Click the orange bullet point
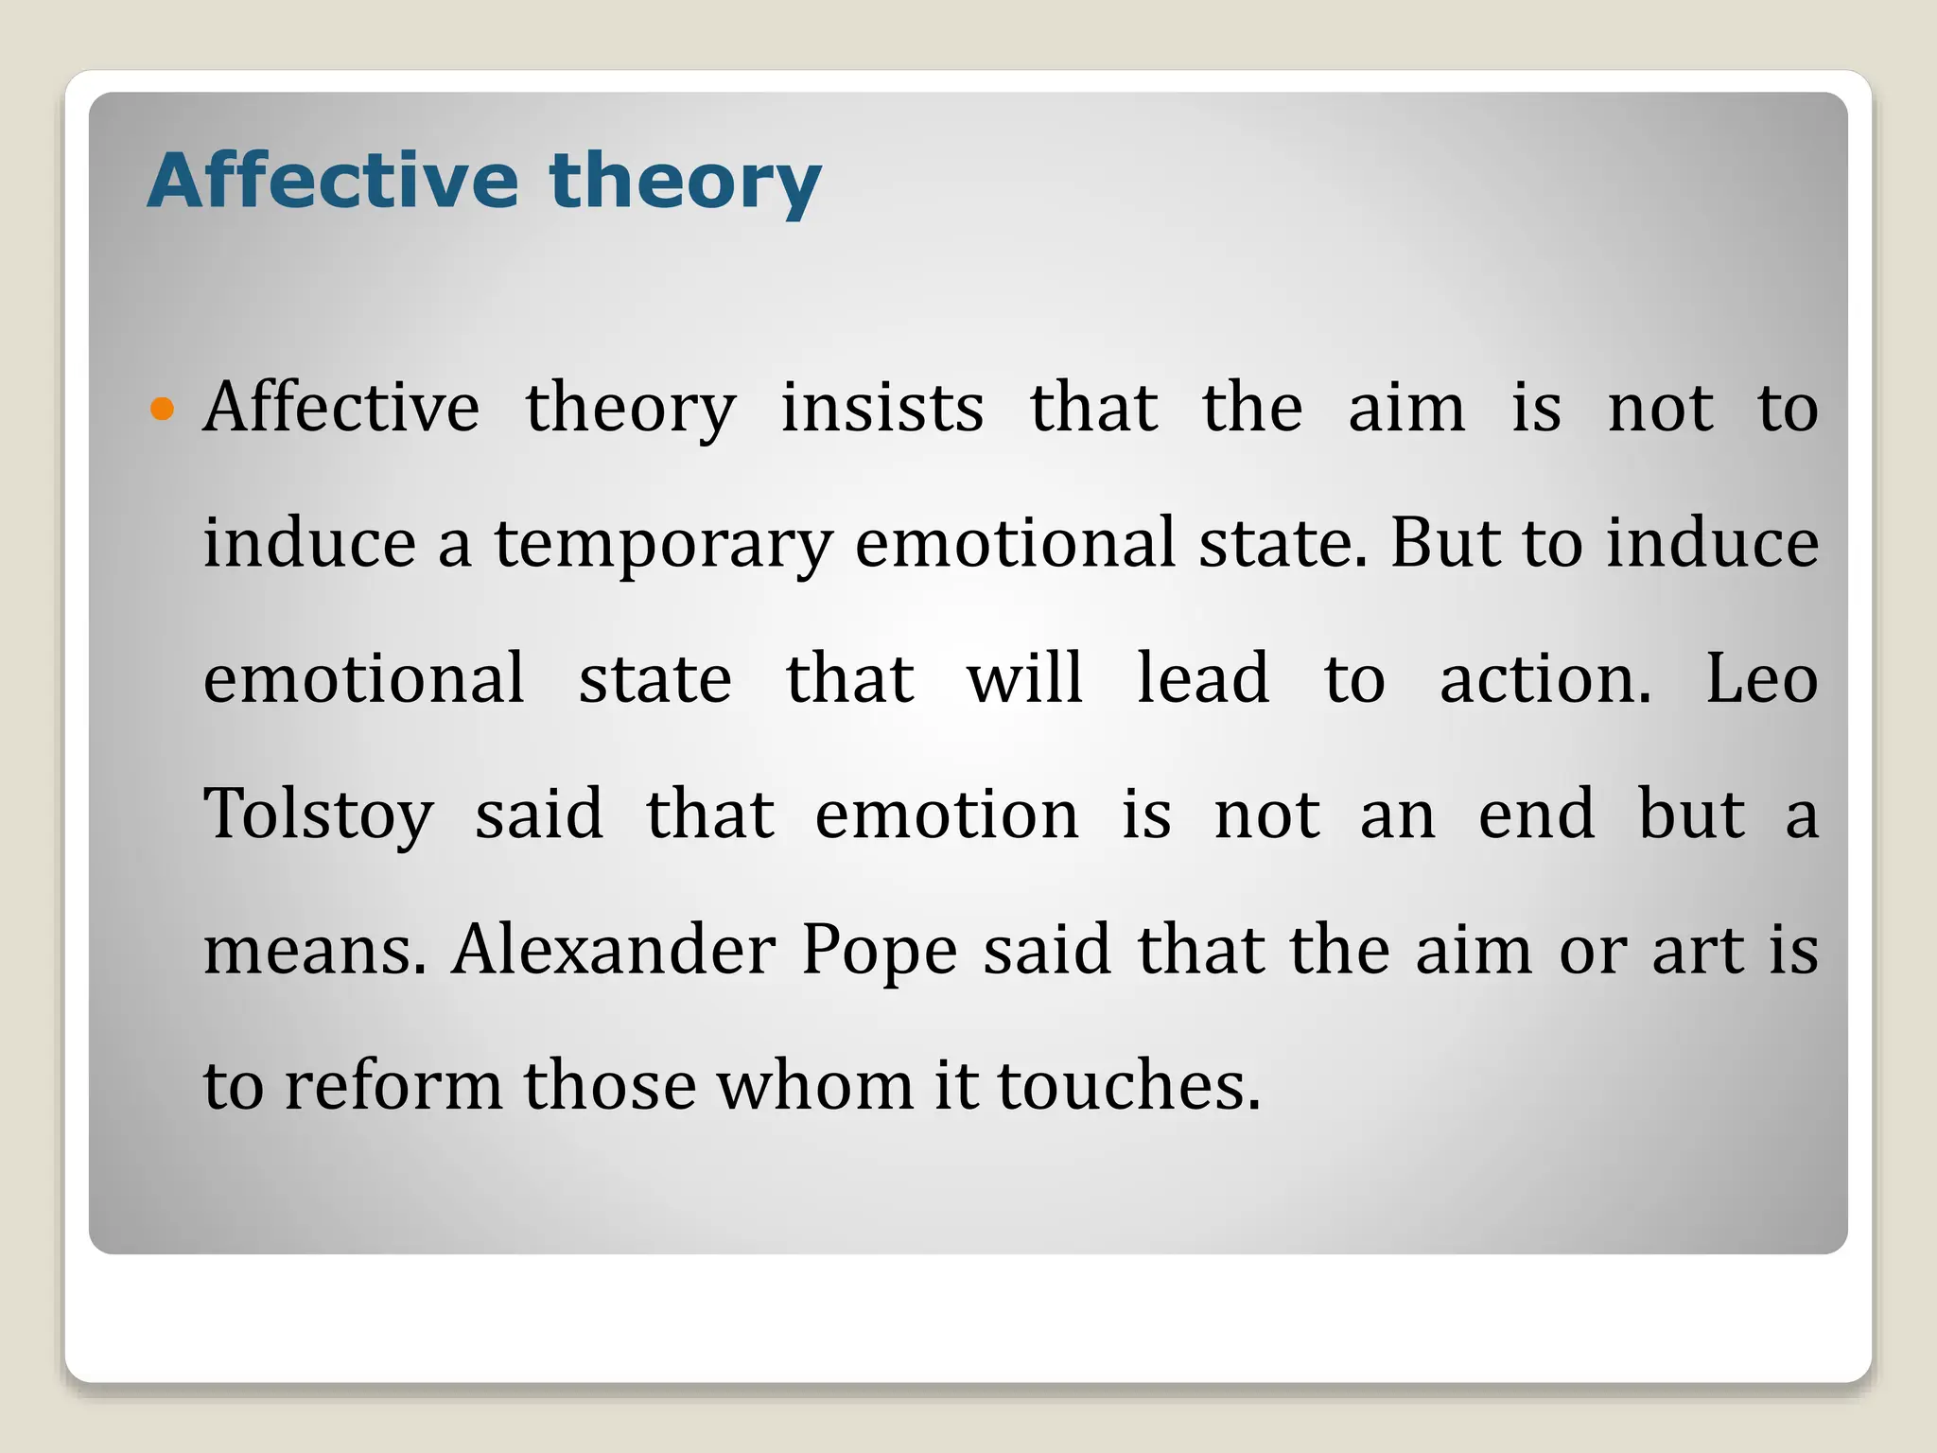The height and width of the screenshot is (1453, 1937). click(163, 410)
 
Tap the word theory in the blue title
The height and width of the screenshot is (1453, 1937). click(685, 182)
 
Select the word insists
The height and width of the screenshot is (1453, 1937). click(881, 409)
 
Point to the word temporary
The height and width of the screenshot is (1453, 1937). click(663, 545)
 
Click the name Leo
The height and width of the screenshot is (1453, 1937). click(1761, 679)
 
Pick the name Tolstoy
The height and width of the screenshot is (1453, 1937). click(319, 815)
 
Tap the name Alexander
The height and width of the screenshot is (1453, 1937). click(614, 950)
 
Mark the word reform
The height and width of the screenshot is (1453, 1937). click(393, 1085)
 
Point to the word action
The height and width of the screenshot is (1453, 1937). click(1544, 679)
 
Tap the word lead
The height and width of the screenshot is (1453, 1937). click(1202, 679)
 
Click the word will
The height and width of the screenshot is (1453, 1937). click(1024, 679)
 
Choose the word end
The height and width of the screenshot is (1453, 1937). click(1536, 814)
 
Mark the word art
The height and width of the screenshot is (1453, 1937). click(1698, 950)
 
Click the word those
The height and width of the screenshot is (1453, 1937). click(610, 1085)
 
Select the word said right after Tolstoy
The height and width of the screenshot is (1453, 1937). click(538, 814)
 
